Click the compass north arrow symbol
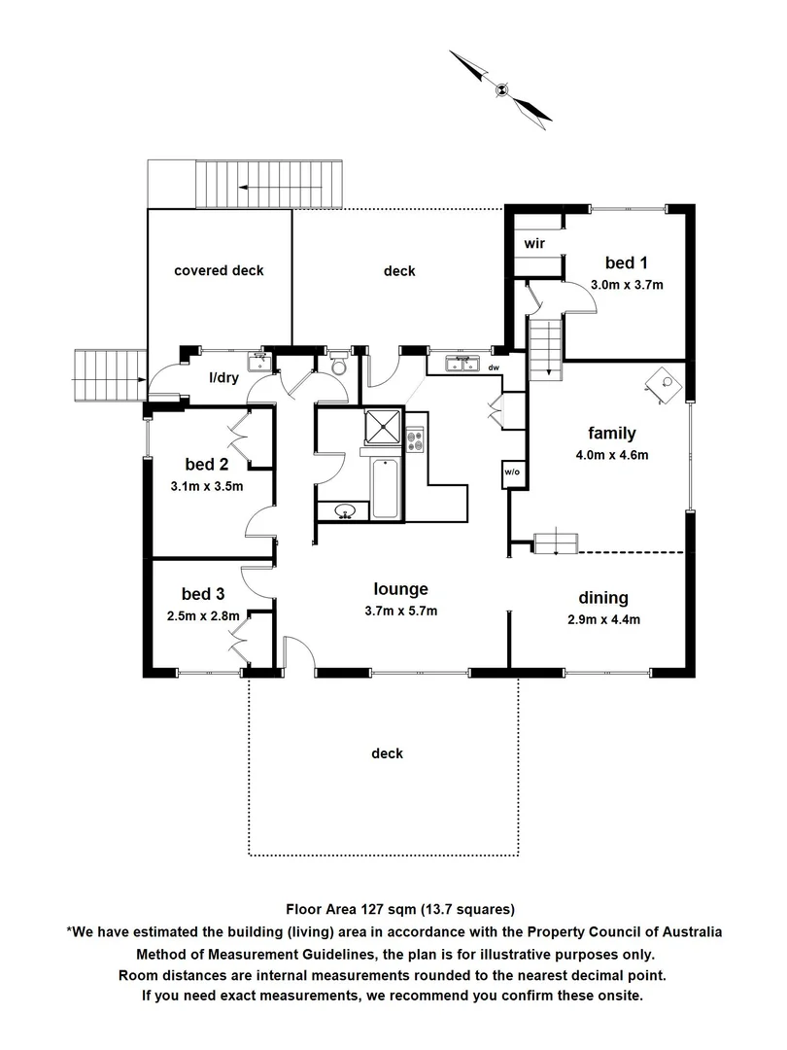click(501, 87)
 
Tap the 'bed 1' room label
click(627, 262)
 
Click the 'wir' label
click(532, 243)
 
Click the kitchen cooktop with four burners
click(416, 440)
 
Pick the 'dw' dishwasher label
click(494, 367)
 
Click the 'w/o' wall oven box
click(512, 473)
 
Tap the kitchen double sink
click(462, 364)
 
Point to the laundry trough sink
click(258, 361)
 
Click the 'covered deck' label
click(219, 270)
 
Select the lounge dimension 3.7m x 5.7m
click(401, 611)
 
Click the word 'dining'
click(603, 597)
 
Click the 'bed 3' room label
click(203, 593)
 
